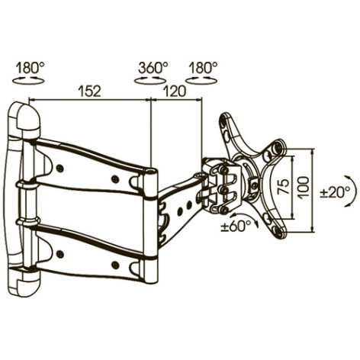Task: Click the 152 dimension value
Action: click(89, 92)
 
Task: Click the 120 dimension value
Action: click(175, 92)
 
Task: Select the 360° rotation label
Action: click(153, 68)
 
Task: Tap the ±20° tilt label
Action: click(335, 191)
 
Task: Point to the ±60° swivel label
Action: click(236, 226)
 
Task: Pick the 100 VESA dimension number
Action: click(304, 187)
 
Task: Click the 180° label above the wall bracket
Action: click(30, 68)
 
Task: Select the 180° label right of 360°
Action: click(203, 68)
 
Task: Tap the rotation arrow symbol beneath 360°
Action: click(150, 81)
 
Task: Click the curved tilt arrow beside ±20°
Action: click(352, 191)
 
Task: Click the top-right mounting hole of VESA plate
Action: click(277, 146)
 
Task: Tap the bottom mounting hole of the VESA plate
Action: click(278, 230)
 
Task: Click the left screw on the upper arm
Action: click(60, 167)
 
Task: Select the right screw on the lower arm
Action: click(115, 265)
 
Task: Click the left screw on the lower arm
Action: click(60, 253)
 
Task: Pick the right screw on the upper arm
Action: click(115, 178)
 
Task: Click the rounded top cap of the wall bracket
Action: click(28, 117)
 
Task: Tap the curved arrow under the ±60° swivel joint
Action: click(243, 216)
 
